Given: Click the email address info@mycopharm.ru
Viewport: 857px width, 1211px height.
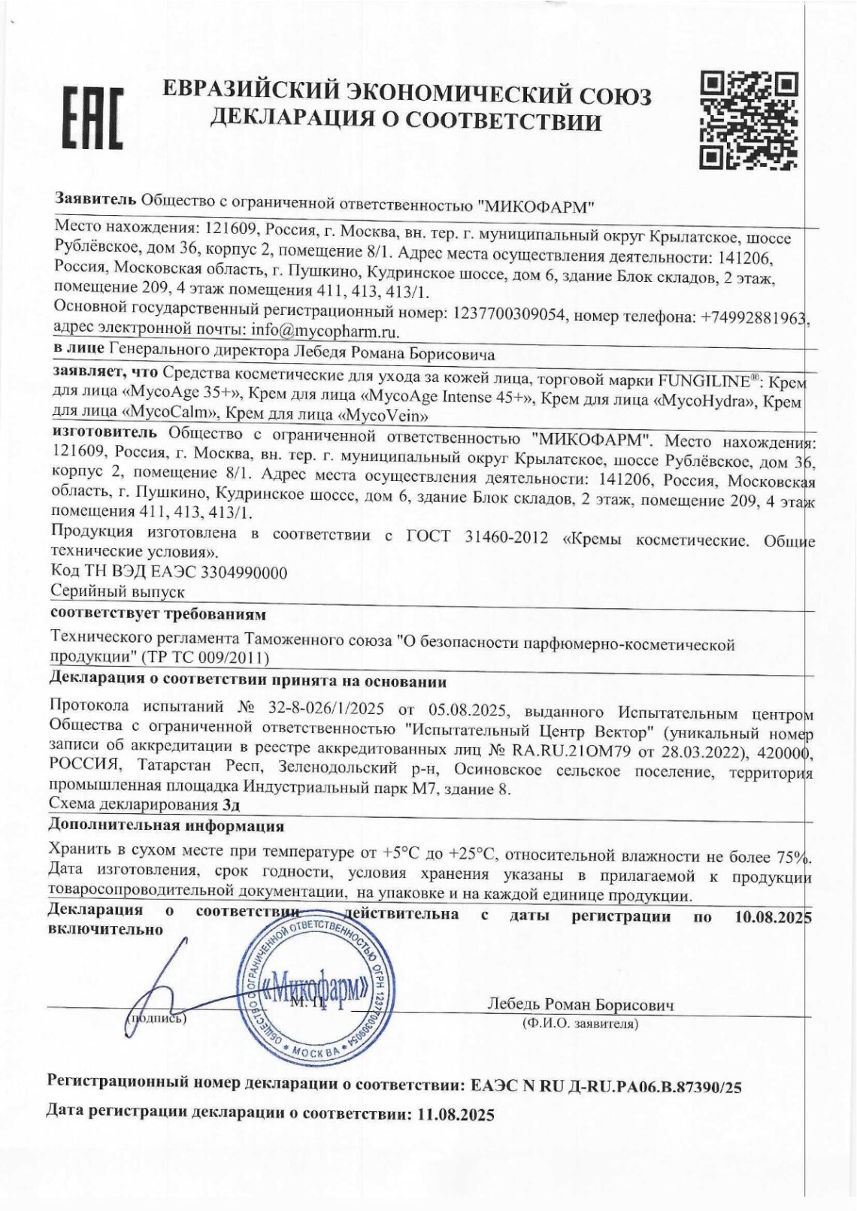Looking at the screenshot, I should click(x=325, y=331).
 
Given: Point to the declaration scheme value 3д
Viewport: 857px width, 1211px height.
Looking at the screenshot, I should click(x=232, y=804).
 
